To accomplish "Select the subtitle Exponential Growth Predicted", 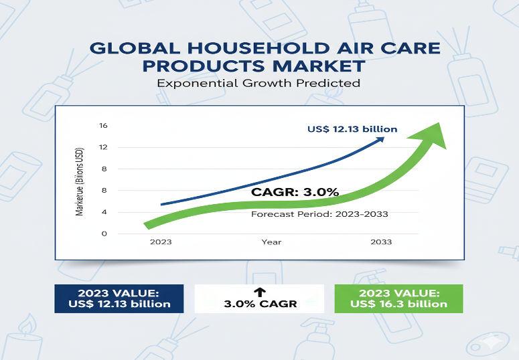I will (x=258, y=84).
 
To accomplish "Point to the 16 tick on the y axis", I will (x=103, y=126).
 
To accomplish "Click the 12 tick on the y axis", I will (x=103, y=147).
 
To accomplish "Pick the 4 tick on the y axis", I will (x=104, y=212).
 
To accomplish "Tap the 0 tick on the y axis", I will (x=104, y=234).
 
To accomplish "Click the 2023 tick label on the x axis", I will (x=161, y=242).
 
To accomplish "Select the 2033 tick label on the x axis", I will (x=381, y=242).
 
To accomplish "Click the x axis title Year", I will (x=271, y=242).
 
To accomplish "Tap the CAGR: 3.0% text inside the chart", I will (x=295, y=193).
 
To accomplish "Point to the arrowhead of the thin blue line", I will (x=381, y=139).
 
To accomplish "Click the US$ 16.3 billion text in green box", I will (x=398, y=304).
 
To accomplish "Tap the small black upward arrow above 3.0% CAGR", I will (x=261, y=291).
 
